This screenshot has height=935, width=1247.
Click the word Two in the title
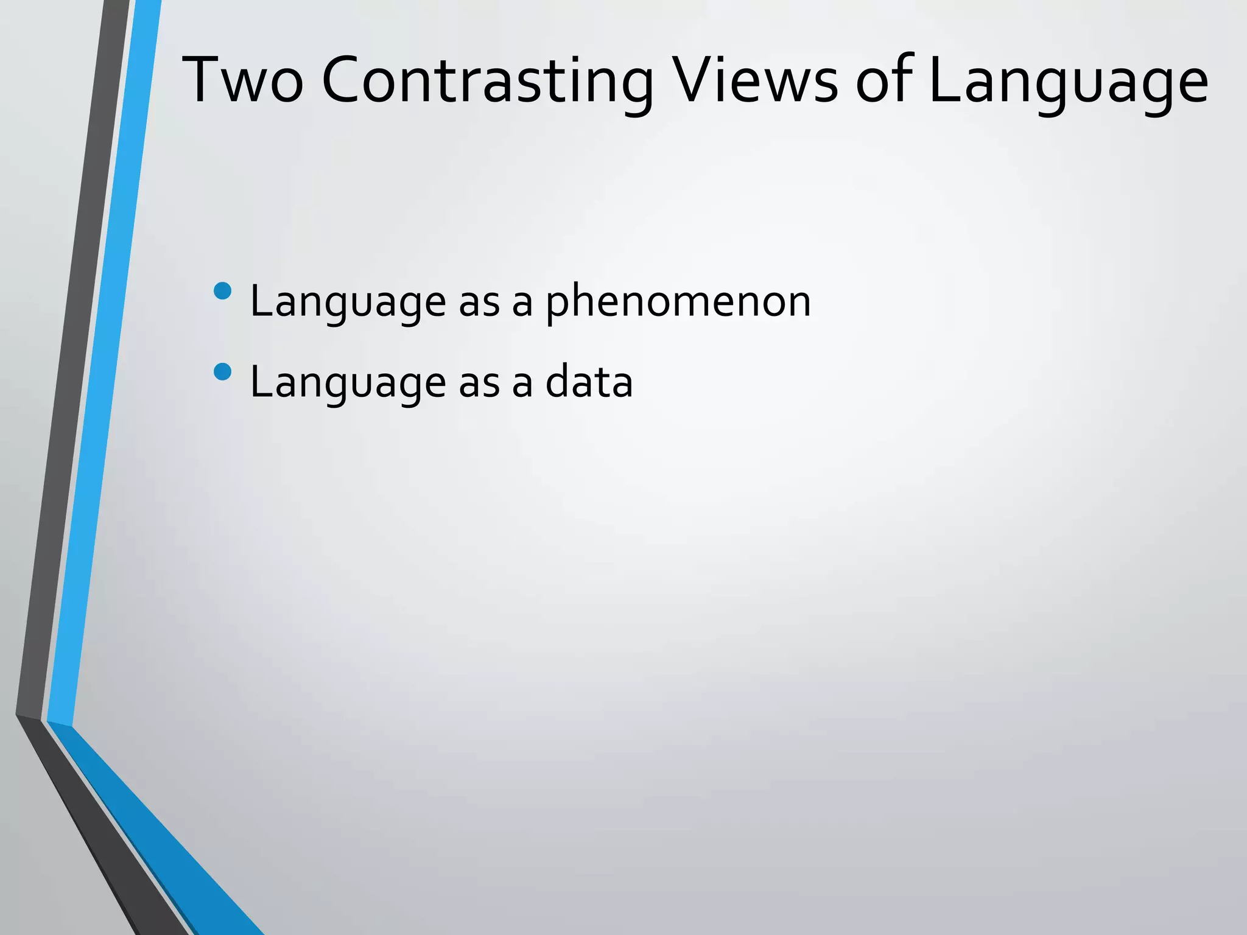pos(243,81)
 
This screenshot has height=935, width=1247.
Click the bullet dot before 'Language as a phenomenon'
pos(223,291)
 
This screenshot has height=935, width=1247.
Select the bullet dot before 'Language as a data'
pos(223,371)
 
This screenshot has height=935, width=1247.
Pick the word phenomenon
pos(678,301)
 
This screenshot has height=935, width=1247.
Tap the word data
pos(589,382)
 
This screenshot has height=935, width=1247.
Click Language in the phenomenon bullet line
pos(348,301)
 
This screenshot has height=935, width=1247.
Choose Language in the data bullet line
pos(348,382)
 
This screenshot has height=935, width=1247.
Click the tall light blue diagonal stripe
pos(104,365)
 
